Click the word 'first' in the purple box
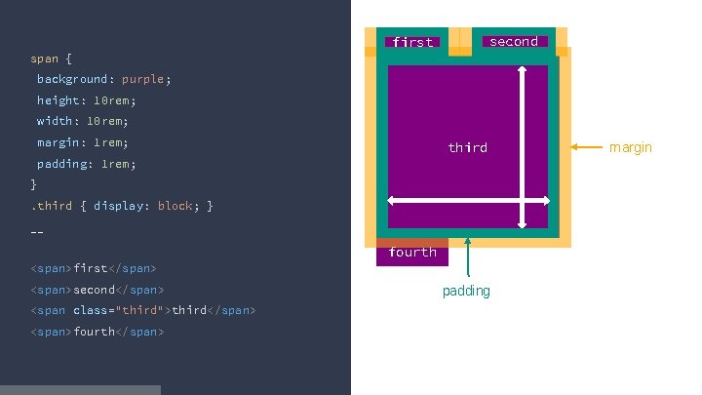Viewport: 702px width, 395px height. click(x=412, y=42)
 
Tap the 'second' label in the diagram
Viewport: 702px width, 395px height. click(x=513, y=41)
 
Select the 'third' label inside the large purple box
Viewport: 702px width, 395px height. click(x=467, y=147)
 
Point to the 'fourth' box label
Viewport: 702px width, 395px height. click(x=412, y=252)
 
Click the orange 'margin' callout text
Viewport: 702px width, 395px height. click(x=631, y=147)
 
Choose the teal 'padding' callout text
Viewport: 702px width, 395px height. click(x=466, y=291)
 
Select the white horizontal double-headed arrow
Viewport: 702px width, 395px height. click(x=468, y=201)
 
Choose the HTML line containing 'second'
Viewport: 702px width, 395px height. click(x=97, y=290)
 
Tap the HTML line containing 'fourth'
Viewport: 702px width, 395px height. click(x=97, y=332)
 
